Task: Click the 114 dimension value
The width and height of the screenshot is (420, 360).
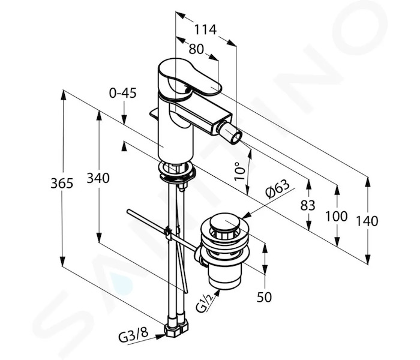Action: tap(205, 29)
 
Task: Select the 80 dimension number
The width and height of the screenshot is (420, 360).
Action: tap(196, 49)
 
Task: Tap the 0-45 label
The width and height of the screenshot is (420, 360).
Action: tap(122, 93)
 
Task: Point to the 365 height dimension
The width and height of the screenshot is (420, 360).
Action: tap(62, 184)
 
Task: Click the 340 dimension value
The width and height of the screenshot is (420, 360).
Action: tap(98, 178)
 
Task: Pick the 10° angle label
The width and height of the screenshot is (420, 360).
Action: tap(239, 171)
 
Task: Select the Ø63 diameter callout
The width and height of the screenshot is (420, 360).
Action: tap(277, 188)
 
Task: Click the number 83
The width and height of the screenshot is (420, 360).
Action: tap(308, 205)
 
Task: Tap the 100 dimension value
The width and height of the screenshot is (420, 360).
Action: tap(336, 216)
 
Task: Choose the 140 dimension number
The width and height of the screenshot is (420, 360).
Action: tap(367, 221)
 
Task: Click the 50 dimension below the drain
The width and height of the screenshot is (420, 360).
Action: tap(264, 297)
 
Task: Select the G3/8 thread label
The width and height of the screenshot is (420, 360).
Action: tap(133, 334)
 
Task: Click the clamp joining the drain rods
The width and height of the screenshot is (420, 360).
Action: tap(169, 232)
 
